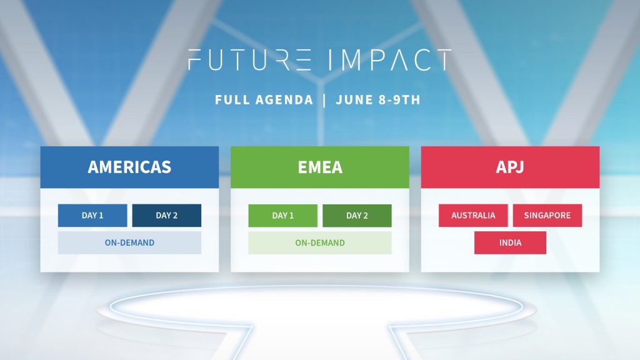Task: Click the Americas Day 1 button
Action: click(92, 216)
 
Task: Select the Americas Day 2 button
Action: click(166, 216)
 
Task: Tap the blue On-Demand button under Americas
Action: click(129, 243)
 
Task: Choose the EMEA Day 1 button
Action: click(283, 216)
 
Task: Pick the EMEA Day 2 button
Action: click(357, 216)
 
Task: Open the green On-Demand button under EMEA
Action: click(320, 243)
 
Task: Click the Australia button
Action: click(473, 216)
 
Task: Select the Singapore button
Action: click(547, 216)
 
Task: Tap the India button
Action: click(510, 243)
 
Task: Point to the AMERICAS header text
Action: click(129, 167)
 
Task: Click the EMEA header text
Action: click(320, 167)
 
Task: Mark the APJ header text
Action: click(510, 167)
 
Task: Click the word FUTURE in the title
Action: click(249, 59)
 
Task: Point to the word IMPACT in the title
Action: click(390, 59)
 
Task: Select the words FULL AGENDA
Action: click(264, 100)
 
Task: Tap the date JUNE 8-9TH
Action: click(378, 100)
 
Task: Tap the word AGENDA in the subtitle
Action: click(284, 100)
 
